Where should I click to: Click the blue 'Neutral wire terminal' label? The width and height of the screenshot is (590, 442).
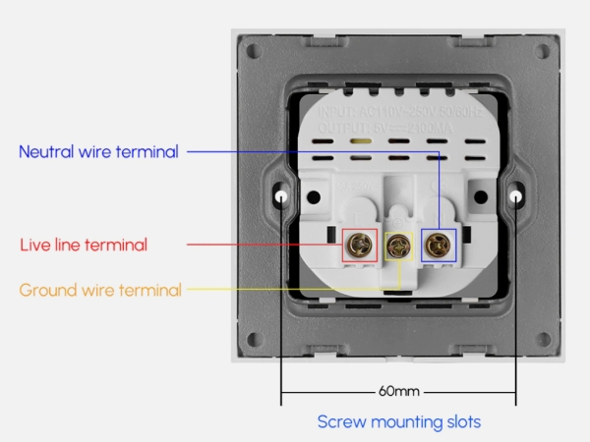coord(98,152)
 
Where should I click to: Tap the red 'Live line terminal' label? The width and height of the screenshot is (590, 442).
coord(84,245)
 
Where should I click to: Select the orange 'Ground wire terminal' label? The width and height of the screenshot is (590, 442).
coord(100,290)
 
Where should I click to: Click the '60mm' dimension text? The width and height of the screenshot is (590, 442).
coord(399,391)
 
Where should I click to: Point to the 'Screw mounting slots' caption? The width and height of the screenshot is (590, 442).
coord(398,422)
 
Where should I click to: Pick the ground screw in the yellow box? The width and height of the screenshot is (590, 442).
coord(398,246)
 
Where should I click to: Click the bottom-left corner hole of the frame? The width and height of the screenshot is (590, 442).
coord(254,340)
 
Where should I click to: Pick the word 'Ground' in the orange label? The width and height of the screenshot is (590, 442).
coord(45,290)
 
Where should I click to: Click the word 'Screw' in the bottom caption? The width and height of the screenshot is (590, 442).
coord(340,422)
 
